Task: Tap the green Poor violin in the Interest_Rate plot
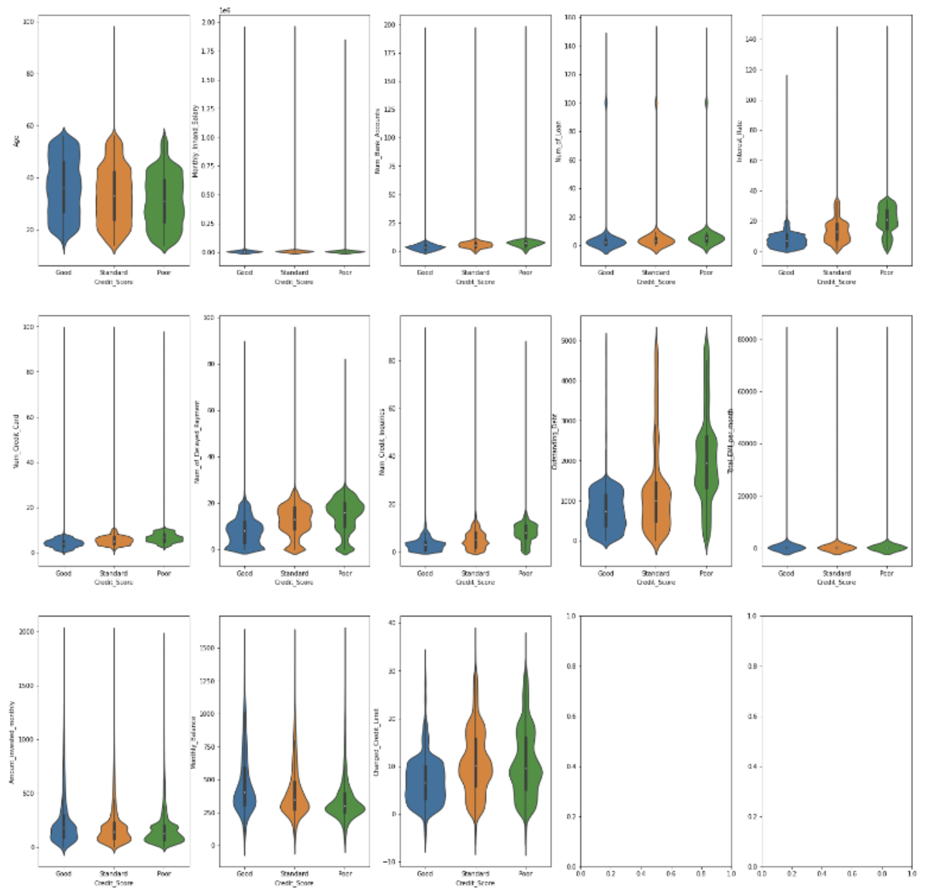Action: point(887,215)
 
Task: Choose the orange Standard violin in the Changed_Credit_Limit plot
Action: point(475,767)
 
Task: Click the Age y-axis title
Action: point(16,141)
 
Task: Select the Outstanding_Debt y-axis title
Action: point(555,441)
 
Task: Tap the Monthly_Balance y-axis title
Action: point(193,742)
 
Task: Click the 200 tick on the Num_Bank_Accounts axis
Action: point(390,24)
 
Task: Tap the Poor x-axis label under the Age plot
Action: point(164,272)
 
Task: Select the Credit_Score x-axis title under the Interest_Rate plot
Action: point(836,282)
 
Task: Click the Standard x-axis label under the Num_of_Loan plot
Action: point(656,272)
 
